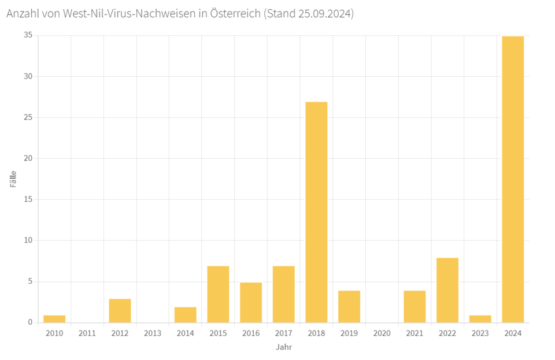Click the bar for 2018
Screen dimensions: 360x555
(x=316, y=212)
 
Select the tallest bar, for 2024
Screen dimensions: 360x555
(x=513, y=179)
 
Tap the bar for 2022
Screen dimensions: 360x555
(x=447, y=290)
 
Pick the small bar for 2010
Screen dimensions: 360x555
(x=54, y=319)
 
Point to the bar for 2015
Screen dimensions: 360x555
(x=218, y=294)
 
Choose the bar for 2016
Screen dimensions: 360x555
(x=251, y=302)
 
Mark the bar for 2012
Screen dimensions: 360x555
(x=120, y=311)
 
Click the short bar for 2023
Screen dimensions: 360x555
(x=480, y=319)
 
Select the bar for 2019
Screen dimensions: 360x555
(x=349, y=306)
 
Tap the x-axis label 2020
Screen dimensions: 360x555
(x=382, y=333)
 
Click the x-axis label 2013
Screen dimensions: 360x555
(x=153, y=333)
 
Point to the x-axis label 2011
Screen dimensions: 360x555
(x=87, y=333)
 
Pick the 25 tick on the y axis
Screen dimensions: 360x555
(x=28, y=117)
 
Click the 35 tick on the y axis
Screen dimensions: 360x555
(x=28, y=35)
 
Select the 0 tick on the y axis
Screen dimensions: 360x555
(x=30, y=322)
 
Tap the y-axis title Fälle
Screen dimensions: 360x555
(x=13, y=179)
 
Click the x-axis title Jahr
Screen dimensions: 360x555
(x=284, y=347)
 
